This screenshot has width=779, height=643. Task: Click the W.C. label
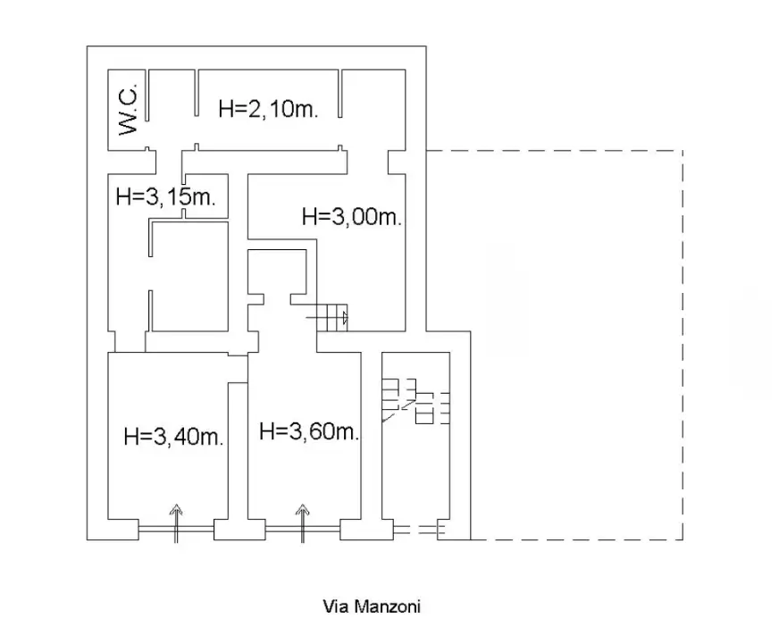tap(129, 110)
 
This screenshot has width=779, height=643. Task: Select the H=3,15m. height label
tap(167, 197)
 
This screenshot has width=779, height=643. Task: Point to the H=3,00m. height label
tap(352, 216)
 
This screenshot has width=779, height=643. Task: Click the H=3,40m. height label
tap(172, 438)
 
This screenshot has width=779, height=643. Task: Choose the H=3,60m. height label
tap(309, 432)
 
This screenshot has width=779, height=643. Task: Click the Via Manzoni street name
tap(371, 606)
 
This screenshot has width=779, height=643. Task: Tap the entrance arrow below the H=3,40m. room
tap(176, 522)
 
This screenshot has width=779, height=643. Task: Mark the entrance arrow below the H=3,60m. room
tap(303, 522)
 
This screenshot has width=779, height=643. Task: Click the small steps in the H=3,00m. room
tap(328, 315)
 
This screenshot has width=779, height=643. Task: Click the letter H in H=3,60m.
tap(266, 432)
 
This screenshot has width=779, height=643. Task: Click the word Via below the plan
tap(333, 606)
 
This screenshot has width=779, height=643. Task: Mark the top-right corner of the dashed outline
tap(683, 151)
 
